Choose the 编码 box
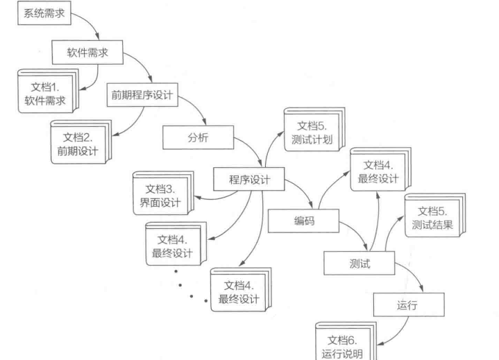[x=303, y=222]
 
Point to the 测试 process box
[x=359, y=264]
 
